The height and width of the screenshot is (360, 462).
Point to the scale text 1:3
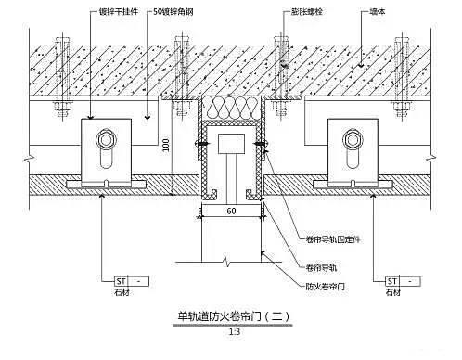[232, 334]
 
